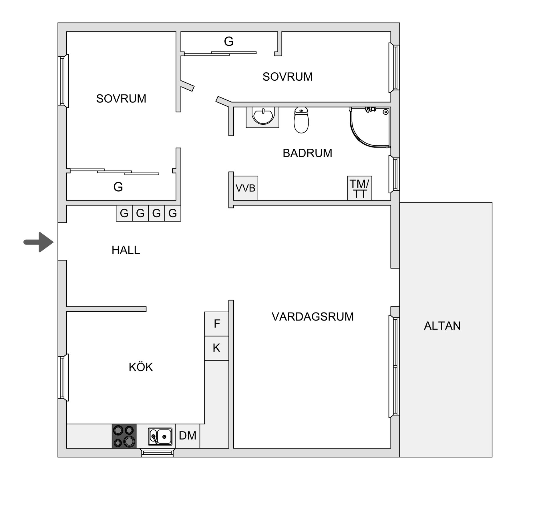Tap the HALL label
pos(126,250)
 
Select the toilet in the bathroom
pos(301,120)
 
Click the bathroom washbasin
pos(262,117)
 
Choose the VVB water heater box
pos(246,188)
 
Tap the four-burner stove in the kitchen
pos(124,436)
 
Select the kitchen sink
pos(160,436)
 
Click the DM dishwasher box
pos(188,436)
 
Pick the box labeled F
pos(216,324)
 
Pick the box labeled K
pos(216,348)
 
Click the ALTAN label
pos(442,326)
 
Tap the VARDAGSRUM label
pos(313,317)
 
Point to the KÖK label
pos(141,367)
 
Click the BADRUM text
pos(307,153)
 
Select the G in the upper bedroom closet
pos(228,41)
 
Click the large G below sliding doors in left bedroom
pos(118,187)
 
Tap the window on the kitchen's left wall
pos(63,377)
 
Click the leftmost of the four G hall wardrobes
pos(124,213)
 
